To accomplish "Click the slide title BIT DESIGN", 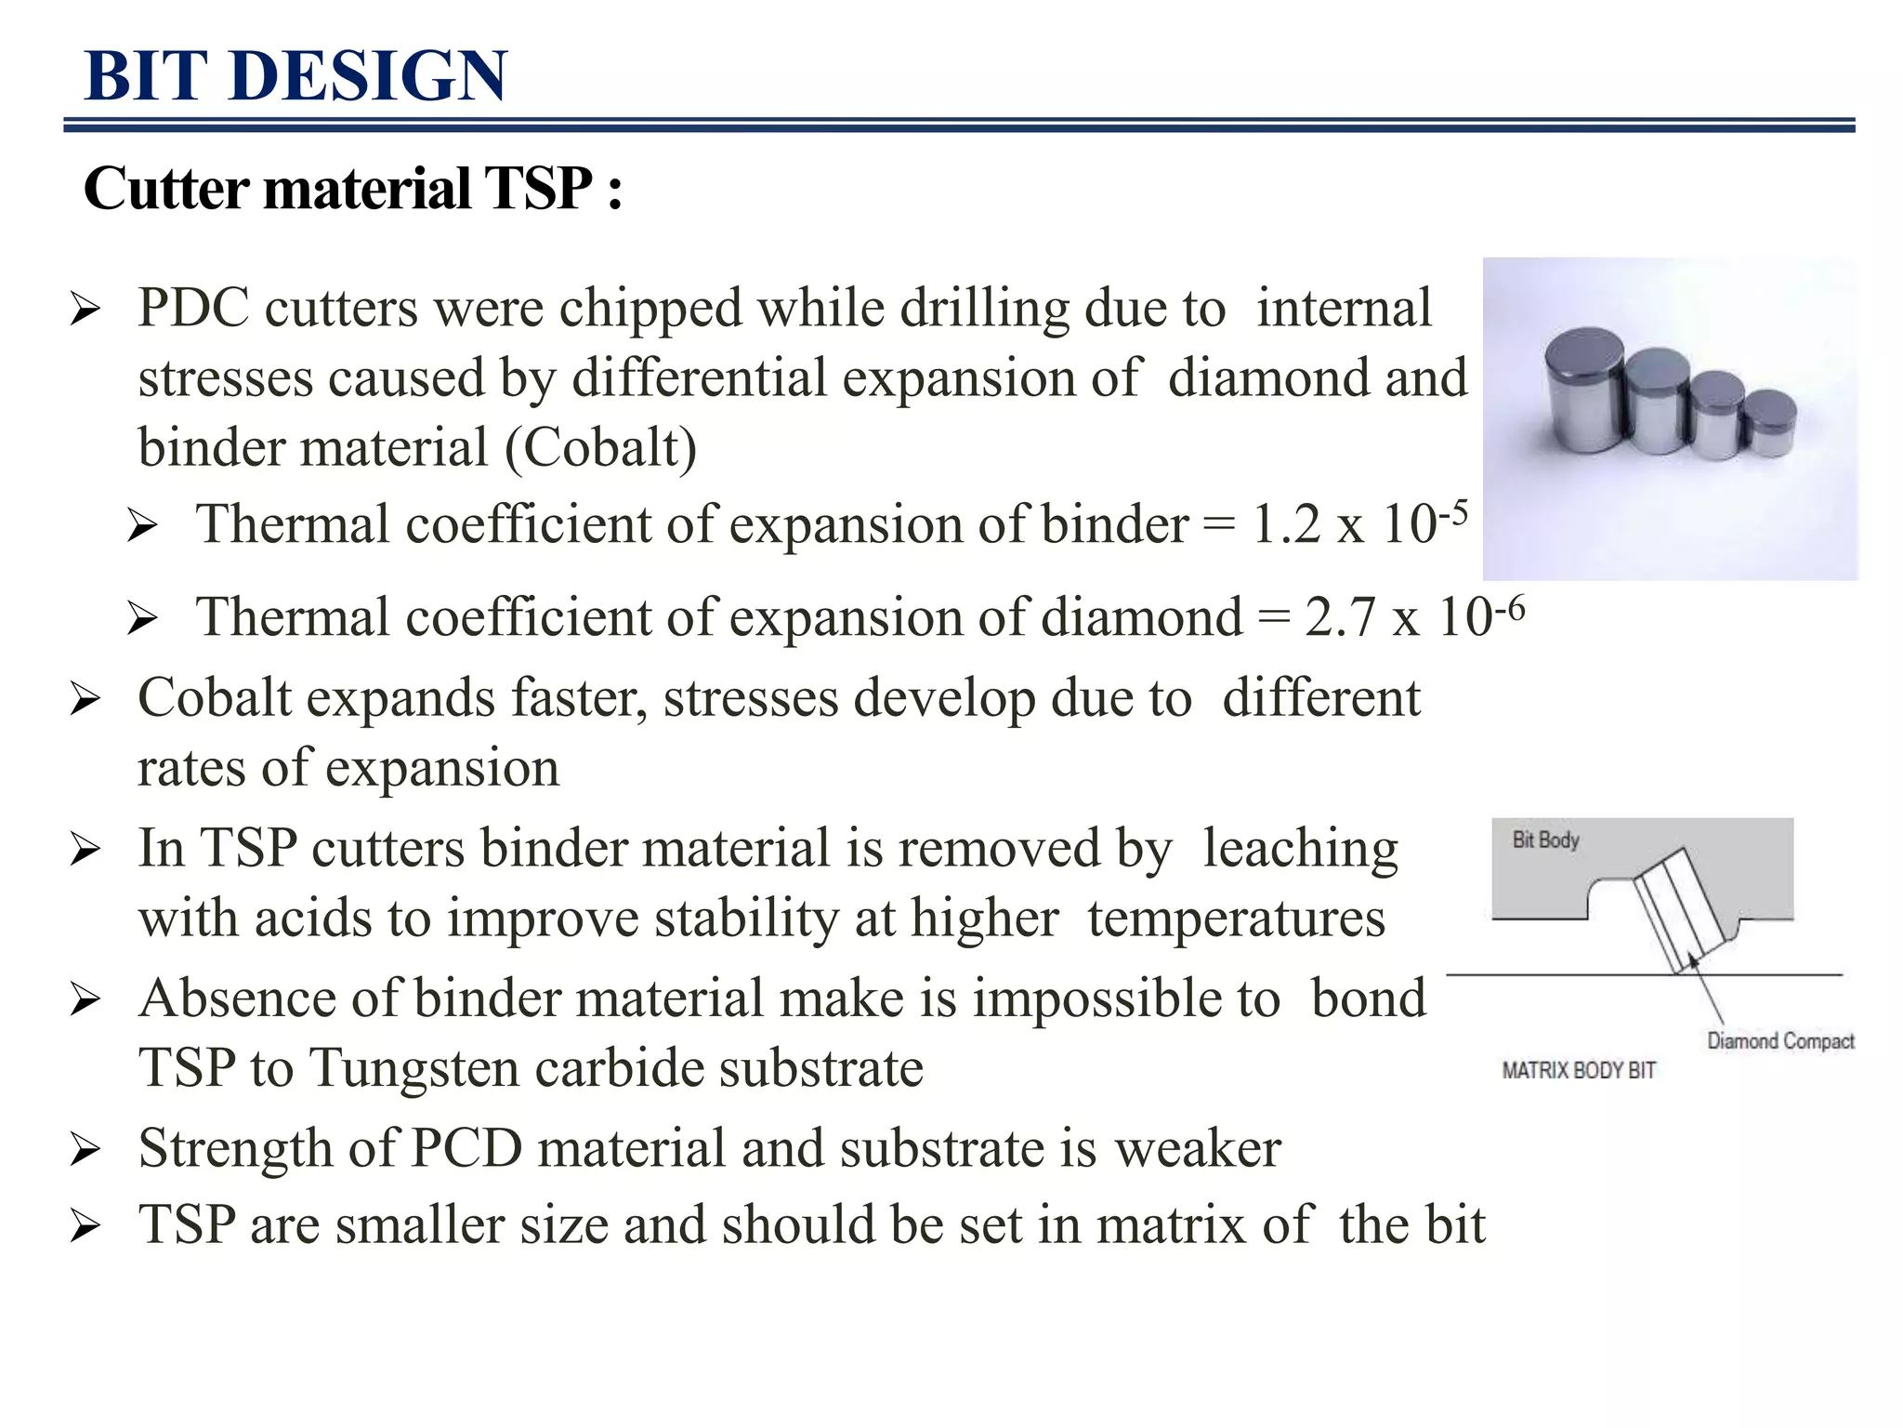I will (295, 76).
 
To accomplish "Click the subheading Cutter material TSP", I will (351, 189).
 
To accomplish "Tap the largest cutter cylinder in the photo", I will (1583, 390).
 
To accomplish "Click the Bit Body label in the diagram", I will (1545, 840).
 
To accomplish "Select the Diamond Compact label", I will (1779, 1041).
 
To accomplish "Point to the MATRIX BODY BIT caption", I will (1579, 1071).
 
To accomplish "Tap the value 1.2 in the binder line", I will (1286, 524).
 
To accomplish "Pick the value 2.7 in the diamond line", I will (1339, 617).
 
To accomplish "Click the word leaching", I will (1300, 850).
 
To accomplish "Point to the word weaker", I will (1198, 1148).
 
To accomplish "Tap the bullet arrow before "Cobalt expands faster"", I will (85, 700).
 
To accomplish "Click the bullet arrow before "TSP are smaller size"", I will (85, 1226).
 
